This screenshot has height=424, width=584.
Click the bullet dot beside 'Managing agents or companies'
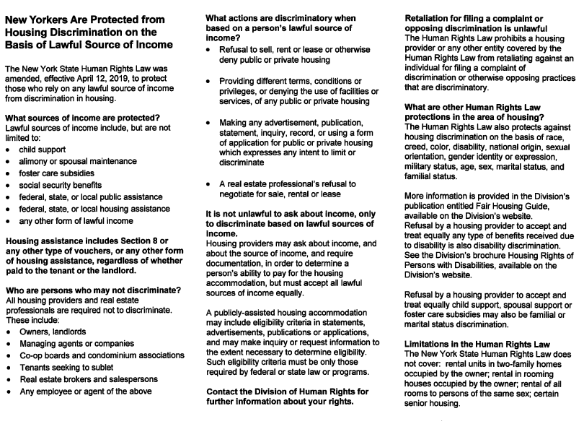coord(8,345)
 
